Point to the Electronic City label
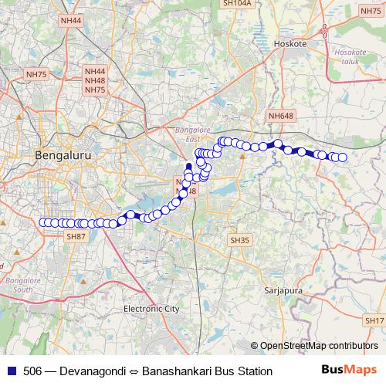pos(151,309)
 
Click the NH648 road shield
pos(282,116)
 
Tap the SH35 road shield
pos(240,241)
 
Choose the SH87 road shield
pos(76,236)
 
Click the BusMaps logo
pos(349,371)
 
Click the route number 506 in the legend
pos(32,371)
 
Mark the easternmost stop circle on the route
pos(342,157)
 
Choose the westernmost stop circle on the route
pos(42,222)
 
